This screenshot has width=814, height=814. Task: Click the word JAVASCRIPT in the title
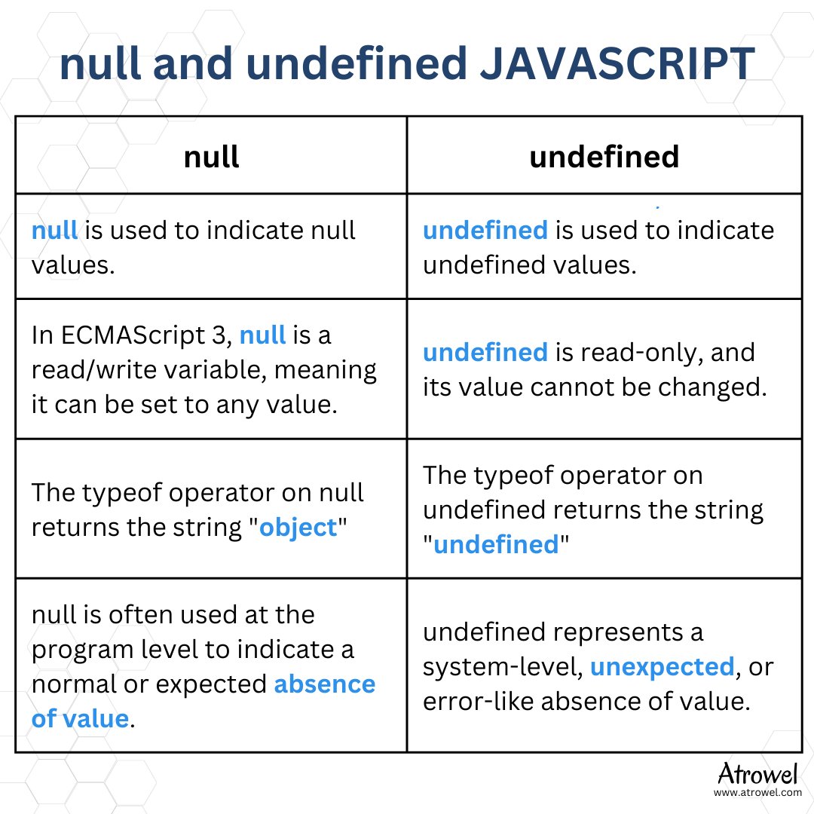coord(617,63)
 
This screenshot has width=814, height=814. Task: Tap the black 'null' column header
coord(211,156)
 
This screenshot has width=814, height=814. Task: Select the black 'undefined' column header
coord(604,156)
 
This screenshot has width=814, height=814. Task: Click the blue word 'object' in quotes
coord(298,528)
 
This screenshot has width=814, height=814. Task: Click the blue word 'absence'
coord(324,684)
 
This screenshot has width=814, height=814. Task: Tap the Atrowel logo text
coord(757,773)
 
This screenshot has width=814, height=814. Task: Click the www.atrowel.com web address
coord(757,793)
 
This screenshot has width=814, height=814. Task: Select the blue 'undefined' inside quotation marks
coord(496,545)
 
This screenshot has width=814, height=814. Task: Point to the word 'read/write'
coord(94,370)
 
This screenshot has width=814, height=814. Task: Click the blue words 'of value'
coord(80,718)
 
